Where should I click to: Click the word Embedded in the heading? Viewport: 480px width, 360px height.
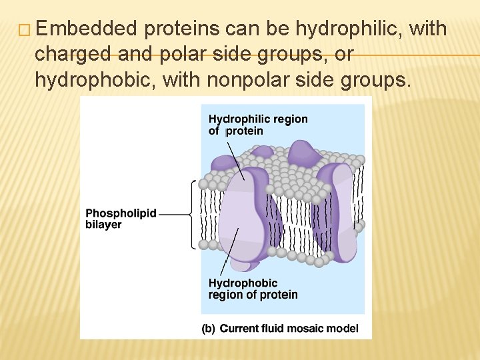click(x=87, y=29)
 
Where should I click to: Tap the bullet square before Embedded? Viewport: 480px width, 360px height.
click(x=26, y=30)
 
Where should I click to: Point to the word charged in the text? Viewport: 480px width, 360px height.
click(x=73, y=55)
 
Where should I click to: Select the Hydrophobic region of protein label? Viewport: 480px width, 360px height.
click(x=253, y=289)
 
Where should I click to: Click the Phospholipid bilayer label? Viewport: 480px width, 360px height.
click(x=121, y=219)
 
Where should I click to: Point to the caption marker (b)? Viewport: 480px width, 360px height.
click(x=209, y=328)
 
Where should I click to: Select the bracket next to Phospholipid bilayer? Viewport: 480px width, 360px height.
click(x=193, y=214)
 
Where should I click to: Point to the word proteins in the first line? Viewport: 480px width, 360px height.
click(x=181, y=29)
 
